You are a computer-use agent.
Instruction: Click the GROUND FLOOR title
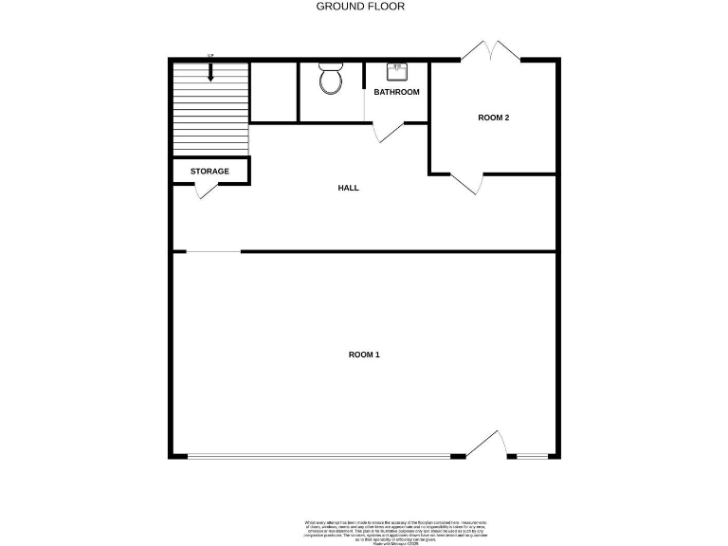[x=360, y=7]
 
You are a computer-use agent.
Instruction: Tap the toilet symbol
[x=331, y=80]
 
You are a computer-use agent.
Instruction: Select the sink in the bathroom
[x=397, y=72]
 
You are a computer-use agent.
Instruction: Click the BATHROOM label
[x=396, y=92]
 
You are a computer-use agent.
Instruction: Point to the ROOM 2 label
[x=493, y=118]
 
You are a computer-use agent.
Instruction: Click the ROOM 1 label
[x=364, y=355]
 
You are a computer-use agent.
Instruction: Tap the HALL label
[x=349, y=188]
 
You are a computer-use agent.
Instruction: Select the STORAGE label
[x=209, y=172]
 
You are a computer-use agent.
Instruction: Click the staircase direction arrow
[x=210, y=72]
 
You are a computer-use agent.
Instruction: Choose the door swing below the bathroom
[x=388, y=133]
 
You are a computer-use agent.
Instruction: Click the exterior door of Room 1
[x=488, y=445]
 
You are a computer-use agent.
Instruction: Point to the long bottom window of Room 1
[x=318, y=457]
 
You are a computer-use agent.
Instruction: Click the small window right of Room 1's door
[x=533, y=457]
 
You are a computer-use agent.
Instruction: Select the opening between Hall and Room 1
[x=213, y=251]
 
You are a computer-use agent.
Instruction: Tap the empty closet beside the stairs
[x=273, y=92]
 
